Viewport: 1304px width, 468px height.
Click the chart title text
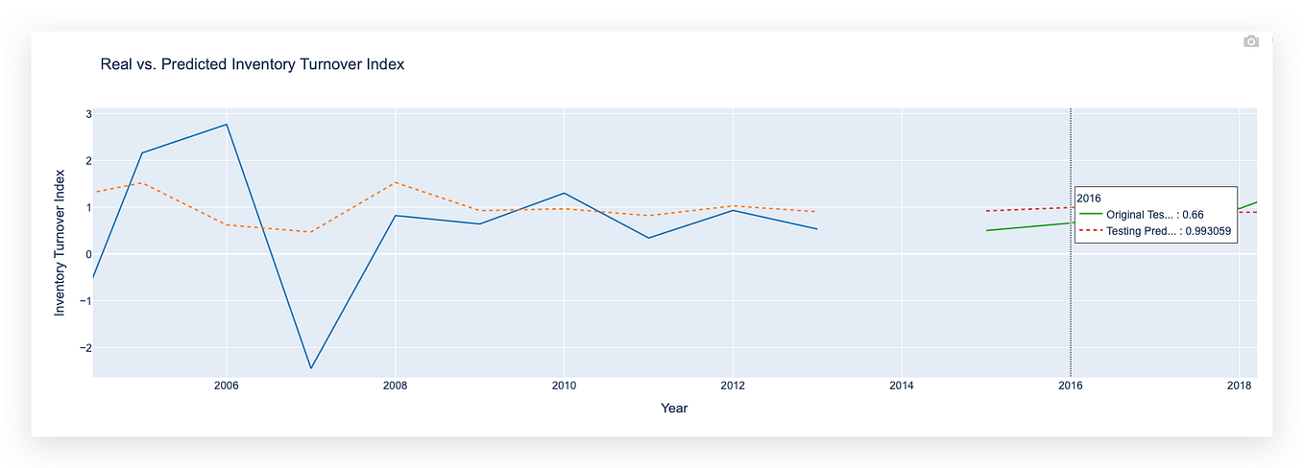click(252, 65)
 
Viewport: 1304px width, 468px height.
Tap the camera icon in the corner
click(1250, 41)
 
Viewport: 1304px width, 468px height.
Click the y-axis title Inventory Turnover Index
click(60, 243)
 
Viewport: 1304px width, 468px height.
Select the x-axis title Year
click(674, 409)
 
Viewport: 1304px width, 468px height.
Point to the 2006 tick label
click(226, 386)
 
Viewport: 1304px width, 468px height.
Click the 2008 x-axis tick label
click(395, 386)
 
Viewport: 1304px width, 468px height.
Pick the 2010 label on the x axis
click(564, 386)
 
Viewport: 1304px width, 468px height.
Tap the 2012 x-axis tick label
click(732, 386)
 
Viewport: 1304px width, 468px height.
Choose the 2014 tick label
click(901, 386)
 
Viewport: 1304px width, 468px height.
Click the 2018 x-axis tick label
click(1239, 386)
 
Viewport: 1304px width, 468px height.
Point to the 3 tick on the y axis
click(88, 114)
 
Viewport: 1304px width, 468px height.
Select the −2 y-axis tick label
click(85, 348)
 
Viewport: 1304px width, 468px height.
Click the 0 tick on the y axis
click(88, 254)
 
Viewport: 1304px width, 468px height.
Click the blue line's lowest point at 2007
click(310, 368)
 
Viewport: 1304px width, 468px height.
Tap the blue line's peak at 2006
click(226, 125)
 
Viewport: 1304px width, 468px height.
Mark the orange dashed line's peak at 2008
click(395, 182)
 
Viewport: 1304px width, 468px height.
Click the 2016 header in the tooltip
click(1090, 197)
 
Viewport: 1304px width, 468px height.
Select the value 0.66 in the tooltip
click(1191, 215)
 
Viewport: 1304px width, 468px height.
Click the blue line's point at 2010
click(564, 193)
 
